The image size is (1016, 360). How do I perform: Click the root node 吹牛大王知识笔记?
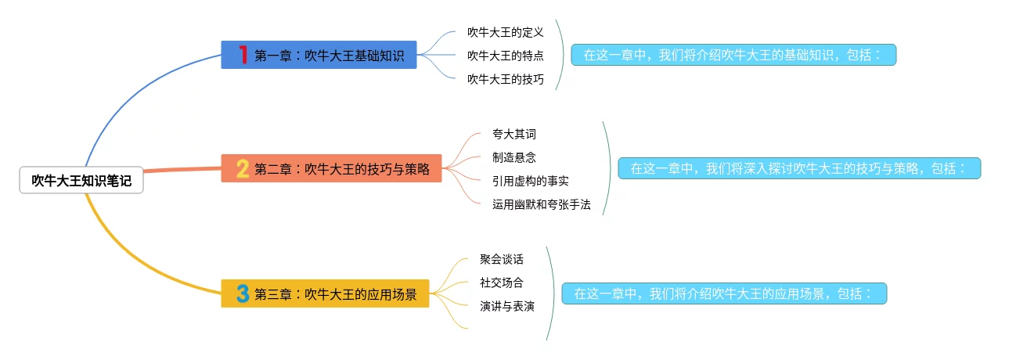(81, 181)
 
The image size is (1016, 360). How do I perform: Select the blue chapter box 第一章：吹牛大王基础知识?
(319, 55)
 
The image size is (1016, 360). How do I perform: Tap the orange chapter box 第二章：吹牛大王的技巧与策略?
(331, 168)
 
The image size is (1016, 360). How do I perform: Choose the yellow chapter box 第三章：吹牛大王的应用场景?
(325, 294)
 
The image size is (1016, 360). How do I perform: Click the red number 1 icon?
(243, 55)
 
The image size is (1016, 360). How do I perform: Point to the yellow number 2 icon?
(243, 168)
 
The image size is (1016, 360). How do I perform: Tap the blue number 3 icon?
(243, 294)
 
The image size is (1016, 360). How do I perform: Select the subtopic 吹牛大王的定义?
(505, 32)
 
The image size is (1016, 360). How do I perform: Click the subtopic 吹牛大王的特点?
(505, 56)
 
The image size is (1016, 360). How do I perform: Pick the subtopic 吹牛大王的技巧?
(505, 79)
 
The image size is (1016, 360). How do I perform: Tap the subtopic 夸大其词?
(513, 134)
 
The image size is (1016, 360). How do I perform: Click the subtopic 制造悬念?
(513, 157)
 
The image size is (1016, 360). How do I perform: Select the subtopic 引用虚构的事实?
(530, 181)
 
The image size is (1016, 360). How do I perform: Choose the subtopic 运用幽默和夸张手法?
(541, 204)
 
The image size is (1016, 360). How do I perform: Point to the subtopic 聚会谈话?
(501, 259)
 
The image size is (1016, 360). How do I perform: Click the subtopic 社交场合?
(501, 283)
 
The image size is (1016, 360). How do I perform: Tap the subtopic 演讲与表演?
(506, 306)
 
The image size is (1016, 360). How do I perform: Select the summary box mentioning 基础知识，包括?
(733, 55)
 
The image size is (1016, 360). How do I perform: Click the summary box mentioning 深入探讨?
(799, 168)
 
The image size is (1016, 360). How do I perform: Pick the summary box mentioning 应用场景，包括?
(724, 294)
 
